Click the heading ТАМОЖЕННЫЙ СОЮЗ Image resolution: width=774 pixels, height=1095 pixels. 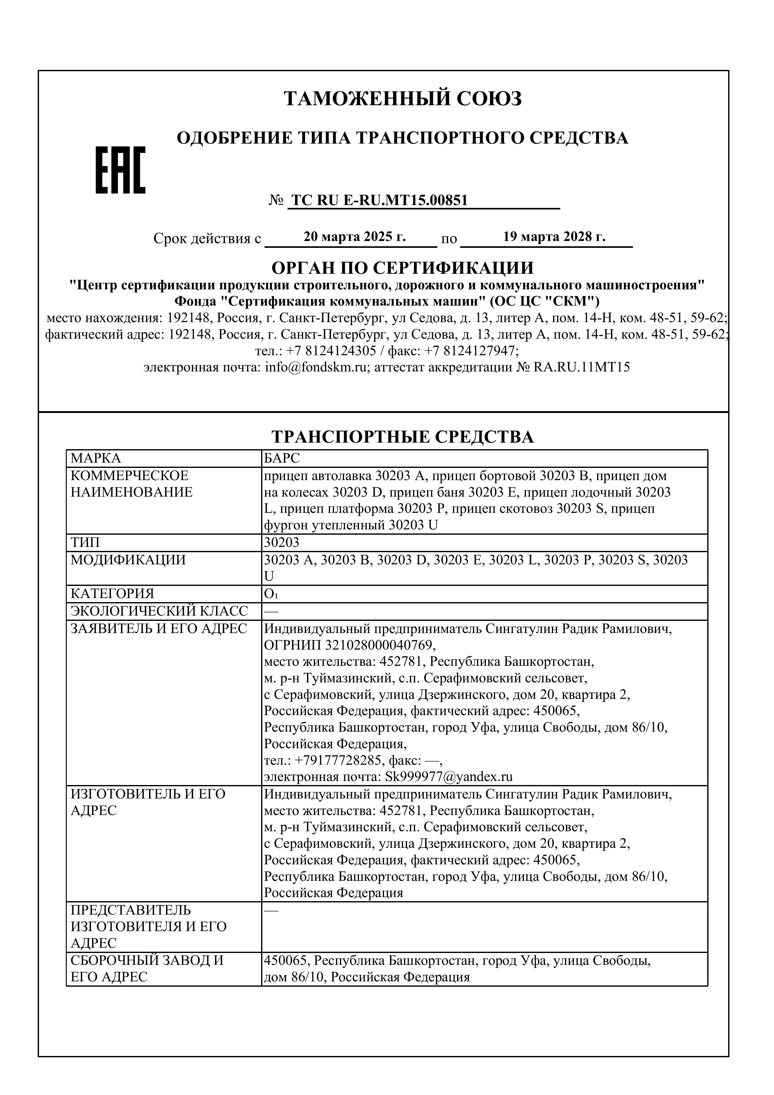coord(403,98)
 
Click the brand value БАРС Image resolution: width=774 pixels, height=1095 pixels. coord(282,459)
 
